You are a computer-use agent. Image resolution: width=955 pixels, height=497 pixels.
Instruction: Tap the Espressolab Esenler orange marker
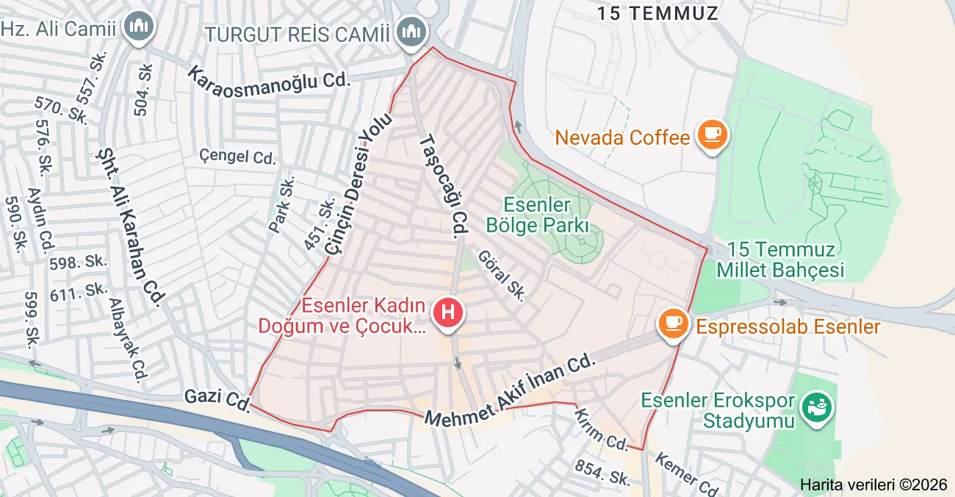click(x=673, y=324)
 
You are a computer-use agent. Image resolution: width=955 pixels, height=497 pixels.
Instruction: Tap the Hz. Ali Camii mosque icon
click(x=137, y=27)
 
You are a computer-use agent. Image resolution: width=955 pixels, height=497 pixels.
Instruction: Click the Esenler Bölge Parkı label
click(x=538, y=215)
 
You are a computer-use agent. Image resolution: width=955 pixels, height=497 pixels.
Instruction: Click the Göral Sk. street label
click(x=501, y=275)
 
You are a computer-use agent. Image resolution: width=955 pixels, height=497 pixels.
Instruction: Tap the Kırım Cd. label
click(x=601, y=430)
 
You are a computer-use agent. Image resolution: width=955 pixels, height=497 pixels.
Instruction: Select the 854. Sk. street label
click(x=602, y=472)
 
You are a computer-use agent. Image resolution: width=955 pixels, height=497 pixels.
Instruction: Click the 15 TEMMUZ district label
click(x=657, y=12)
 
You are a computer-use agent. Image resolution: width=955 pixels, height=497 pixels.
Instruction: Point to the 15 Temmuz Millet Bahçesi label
click(x=779, y=260)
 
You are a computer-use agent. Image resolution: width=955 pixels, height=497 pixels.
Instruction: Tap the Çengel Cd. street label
click(x=237, y=157)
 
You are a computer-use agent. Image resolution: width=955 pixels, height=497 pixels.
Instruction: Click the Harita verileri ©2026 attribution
click(x=873, y=485)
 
